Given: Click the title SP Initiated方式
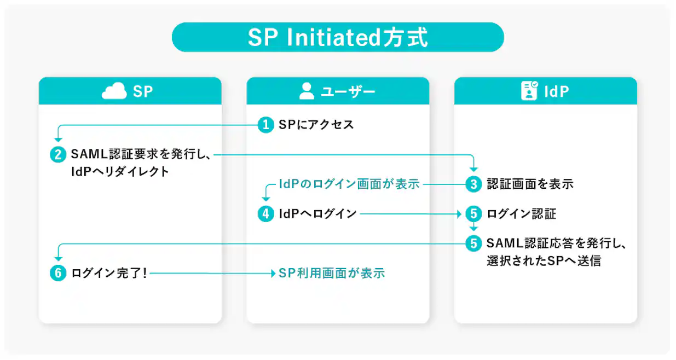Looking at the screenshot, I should click(338, 37).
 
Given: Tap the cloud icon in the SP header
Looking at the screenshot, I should click(114, 91).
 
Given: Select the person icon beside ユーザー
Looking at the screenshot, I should click(307, 91).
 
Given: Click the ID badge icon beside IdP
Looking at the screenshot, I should click(529, 91).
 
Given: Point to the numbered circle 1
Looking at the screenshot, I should click(265, 125).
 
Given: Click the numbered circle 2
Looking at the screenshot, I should click(57, 154).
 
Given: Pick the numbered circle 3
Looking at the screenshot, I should click(473, 184).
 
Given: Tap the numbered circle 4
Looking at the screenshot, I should click(265, 213).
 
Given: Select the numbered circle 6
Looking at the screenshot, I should click(57, 272).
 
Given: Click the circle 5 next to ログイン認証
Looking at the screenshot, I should click(473, 213).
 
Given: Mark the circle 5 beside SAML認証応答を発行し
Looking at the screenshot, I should click(473, 243).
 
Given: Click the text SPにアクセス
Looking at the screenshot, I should click(316, 125).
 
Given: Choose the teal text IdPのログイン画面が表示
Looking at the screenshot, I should click(349, 184).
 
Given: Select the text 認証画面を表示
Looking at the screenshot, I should click(530, 184).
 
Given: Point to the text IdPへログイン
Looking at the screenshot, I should click(317, 213).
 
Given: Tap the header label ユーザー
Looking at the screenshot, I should click(348, 91).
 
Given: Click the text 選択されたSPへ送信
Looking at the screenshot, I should click(544, 260).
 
